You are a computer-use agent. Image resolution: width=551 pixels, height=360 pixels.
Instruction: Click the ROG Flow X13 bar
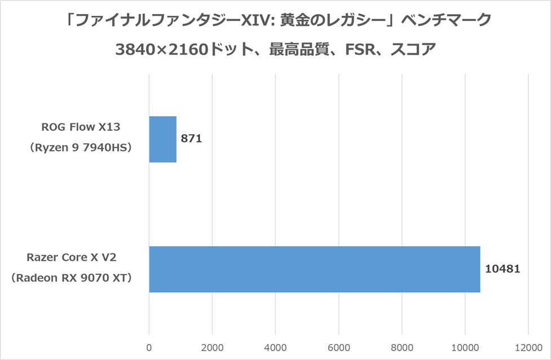163,139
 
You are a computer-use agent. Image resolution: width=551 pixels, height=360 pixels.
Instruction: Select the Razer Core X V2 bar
314,269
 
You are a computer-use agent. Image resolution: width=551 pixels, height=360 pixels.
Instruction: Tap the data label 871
191,139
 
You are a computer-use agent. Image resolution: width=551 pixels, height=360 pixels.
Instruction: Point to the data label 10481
502,269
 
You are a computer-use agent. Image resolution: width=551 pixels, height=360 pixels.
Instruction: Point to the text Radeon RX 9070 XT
71,279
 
